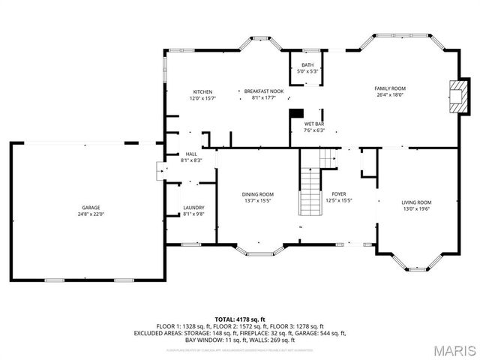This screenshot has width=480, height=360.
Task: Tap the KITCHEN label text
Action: click(x=202, y=91)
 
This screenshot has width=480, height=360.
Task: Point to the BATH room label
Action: click(x=307, y=65)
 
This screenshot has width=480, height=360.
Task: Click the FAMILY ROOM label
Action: click(x=390, y=88)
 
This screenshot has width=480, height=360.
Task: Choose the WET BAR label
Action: click(x=313, y=124)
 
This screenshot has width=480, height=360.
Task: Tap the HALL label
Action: click(x=191, y=154)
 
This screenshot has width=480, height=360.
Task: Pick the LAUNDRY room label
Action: click(x=193, y=208)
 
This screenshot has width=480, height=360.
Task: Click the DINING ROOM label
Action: click(x=257, y=194)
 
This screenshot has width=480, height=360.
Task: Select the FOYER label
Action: click(x=339, y=194)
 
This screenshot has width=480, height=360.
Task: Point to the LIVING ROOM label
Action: click(x=416, y=202)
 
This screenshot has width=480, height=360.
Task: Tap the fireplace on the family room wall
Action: click(x=455, y=95)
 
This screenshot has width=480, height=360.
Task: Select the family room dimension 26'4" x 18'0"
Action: click(x=390, y=95)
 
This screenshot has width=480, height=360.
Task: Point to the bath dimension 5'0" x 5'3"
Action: click(x=307, y=71)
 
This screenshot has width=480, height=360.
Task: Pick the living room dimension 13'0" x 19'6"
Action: click(x=416, y=208)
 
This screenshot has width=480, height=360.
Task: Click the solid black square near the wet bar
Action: click(x=294, y=115)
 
